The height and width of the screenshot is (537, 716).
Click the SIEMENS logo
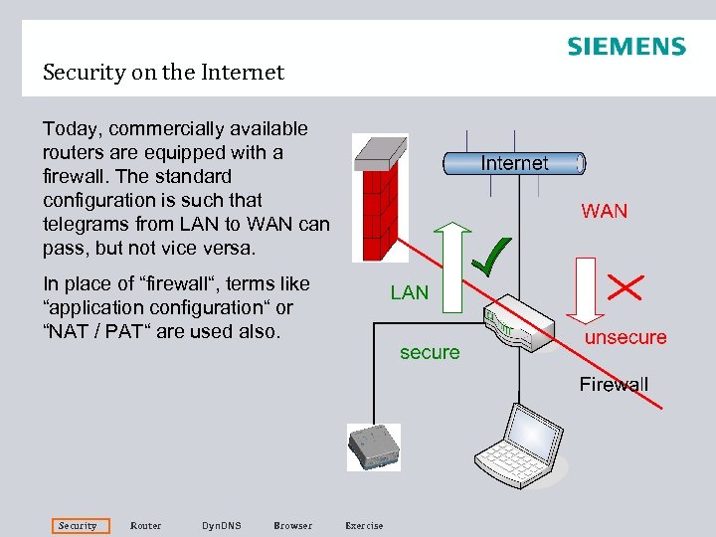(626, 47)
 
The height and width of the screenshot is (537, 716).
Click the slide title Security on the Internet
(163, 73)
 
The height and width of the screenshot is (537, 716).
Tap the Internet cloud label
(514, 163)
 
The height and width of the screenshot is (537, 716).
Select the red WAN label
(605, 211)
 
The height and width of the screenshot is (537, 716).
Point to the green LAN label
(410, 292)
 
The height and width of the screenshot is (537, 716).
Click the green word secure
(430, 352)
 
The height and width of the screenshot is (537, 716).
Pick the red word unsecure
(626, 337)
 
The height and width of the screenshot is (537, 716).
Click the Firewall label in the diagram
(614, 384)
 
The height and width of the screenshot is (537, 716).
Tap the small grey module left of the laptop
(372, 447)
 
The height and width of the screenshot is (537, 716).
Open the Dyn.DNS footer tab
(221, 525)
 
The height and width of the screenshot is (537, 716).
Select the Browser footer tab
(292, 525)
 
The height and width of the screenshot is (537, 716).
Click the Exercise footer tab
(363, 525)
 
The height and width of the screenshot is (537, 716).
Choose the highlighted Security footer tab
(78, 525)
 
